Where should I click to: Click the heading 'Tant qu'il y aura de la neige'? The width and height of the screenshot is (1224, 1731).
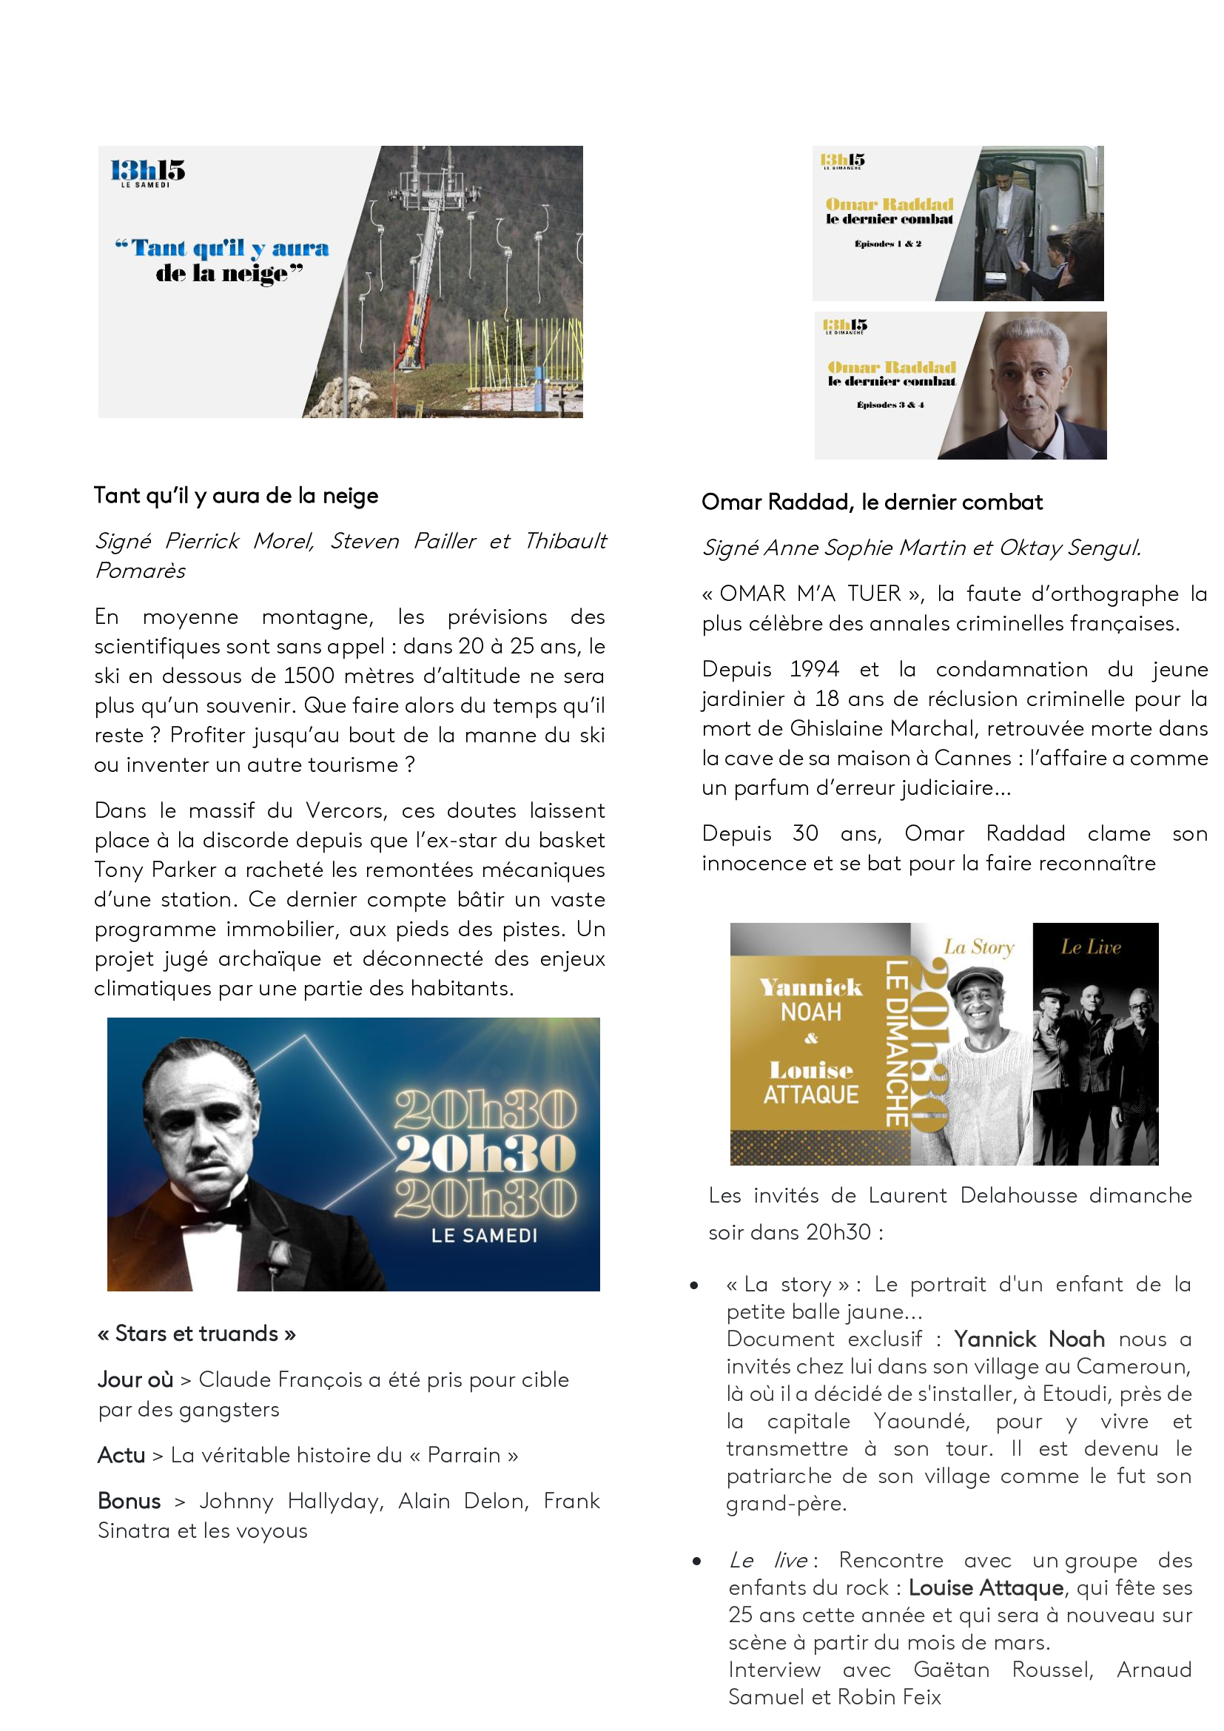pos(236,496)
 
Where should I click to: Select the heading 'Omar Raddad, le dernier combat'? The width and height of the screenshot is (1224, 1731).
pos(871,502)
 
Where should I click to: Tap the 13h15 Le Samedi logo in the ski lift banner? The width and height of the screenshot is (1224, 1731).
pos(148,172)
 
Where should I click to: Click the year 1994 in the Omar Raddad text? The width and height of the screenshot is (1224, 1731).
pos(814,670)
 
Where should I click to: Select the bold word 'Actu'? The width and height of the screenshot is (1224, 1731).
pos(121,1455)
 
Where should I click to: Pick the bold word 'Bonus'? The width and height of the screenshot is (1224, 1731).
pos(129,1501)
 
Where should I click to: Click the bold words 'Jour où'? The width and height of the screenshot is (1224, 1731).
pos(135,1379)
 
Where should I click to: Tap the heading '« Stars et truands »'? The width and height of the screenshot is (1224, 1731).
pos(197,1334)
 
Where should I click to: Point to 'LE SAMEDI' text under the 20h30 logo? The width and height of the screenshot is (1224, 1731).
pos(484,1236)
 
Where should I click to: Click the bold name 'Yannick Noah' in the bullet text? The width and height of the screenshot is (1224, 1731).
pos(1029,1339)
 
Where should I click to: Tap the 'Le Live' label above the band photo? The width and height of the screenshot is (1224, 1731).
pos(1091,947)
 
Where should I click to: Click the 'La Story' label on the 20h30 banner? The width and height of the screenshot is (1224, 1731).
pos(978,947)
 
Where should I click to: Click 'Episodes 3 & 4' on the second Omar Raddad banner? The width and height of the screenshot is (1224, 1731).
pos(890,406)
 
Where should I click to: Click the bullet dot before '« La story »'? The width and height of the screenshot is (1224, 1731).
pos(693,1285)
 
